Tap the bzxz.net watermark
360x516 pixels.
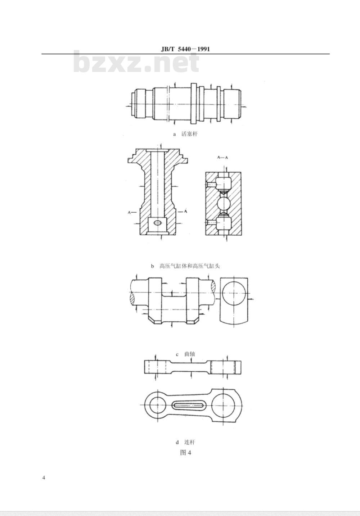click(136, 62)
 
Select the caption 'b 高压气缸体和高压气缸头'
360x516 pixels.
click(185, 266)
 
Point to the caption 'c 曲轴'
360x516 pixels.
click(185, 354)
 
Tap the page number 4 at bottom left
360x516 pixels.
click(44, 477)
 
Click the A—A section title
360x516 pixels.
click(222, 158)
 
